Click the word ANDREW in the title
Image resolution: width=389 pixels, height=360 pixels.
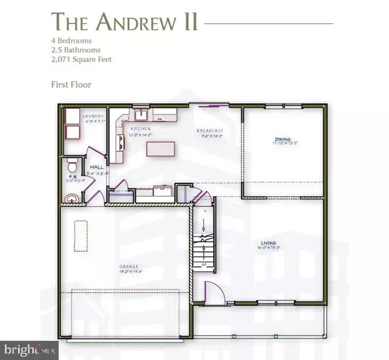click(139, 23)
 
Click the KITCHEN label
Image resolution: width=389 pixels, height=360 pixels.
click(141, 130)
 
